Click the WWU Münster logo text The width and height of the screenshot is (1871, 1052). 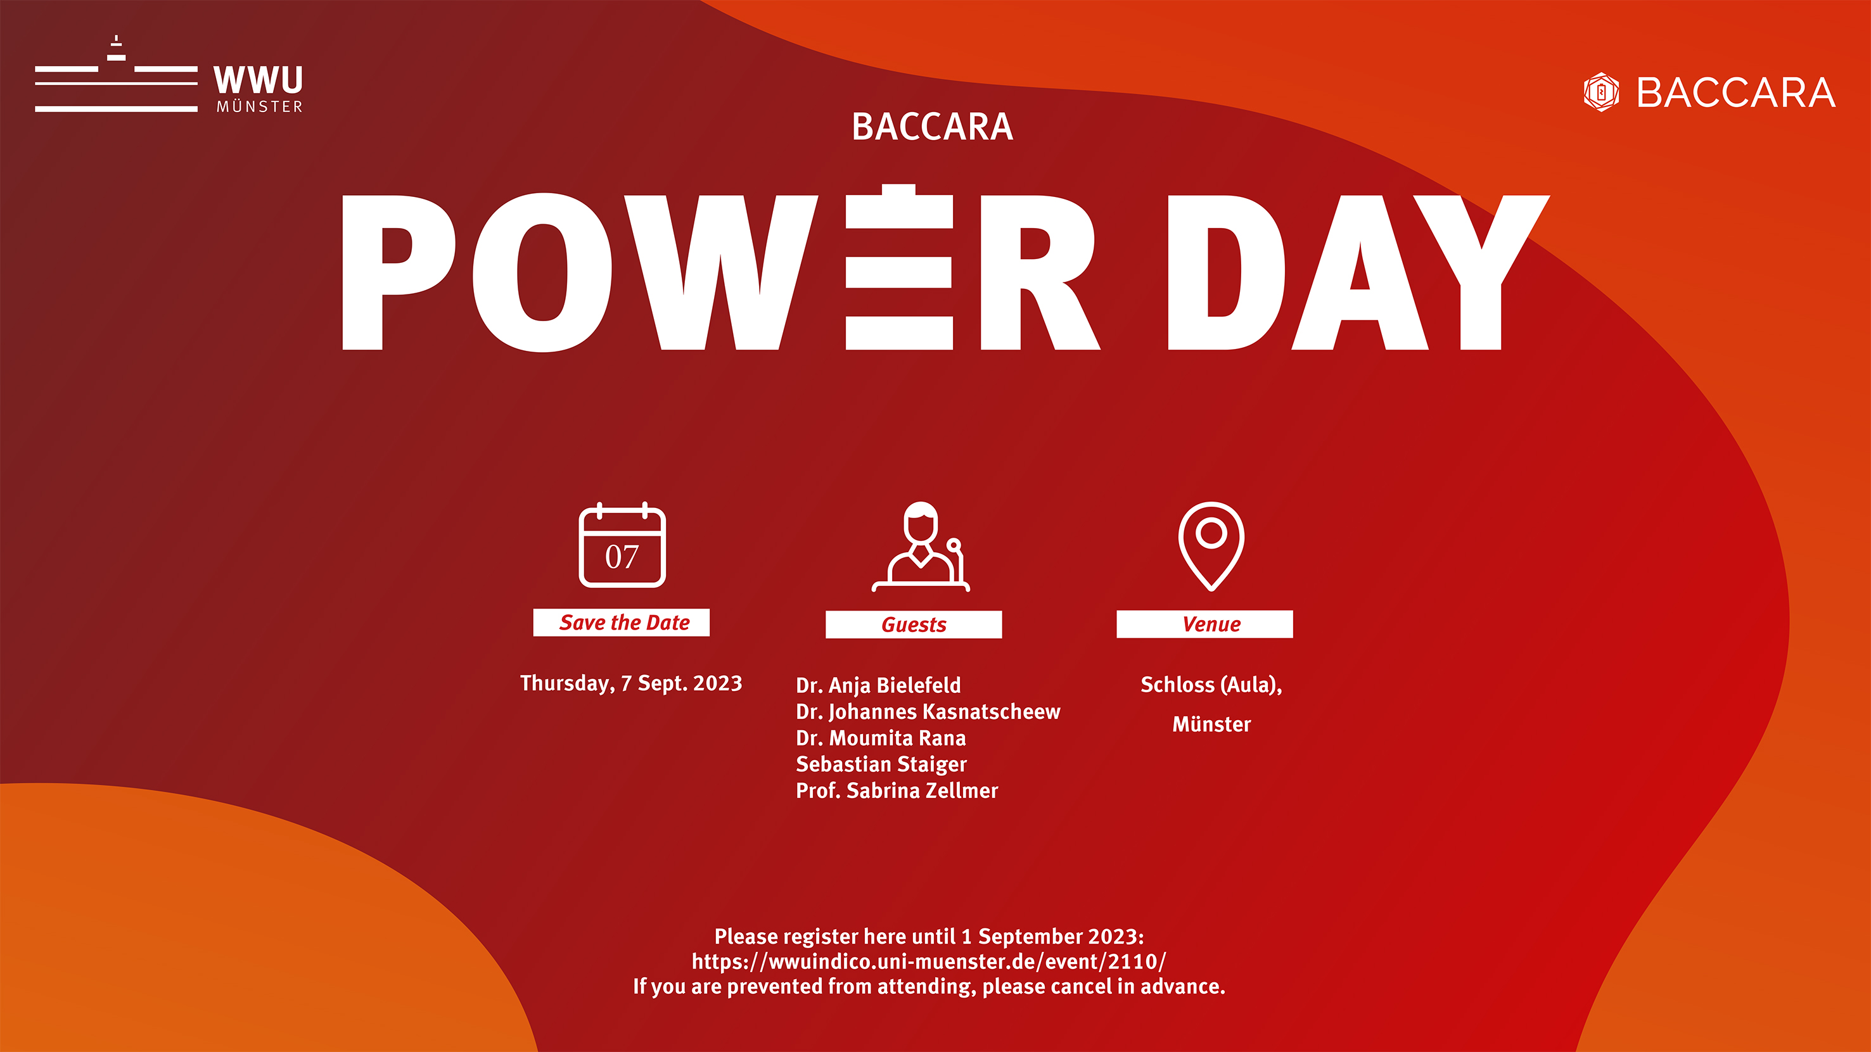(259, 89)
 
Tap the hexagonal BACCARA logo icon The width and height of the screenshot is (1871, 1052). (1601, 92)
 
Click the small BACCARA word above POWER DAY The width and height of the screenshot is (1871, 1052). (932, 127)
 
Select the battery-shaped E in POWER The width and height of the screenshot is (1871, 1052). (899, 267)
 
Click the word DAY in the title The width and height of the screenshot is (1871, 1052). (1358, 272)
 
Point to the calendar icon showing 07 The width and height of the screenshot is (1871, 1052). (622, 545)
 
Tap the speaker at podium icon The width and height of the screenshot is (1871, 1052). (921, 546)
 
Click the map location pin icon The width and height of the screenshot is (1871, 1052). (1211, 545)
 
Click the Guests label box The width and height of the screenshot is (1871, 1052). (914, 624)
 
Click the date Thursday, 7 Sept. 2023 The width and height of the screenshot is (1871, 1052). (631, 684)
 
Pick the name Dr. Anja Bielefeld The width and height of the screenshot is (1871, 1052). (878, 685)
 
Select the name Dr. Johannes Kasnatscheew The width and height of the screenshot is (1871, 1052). (928, 711)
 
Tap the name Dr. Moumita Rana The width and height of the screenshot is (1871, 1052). (881, 738)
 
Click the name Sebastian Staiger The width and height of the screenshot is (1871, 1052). (881, 764)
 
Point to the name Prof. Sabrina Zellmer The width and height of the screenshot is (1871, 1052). (897, 790)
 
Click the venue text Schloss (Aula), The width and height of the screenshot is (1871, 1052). (1211, 685)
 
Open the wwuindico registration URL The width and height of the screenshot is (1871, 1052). (929, 961)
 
